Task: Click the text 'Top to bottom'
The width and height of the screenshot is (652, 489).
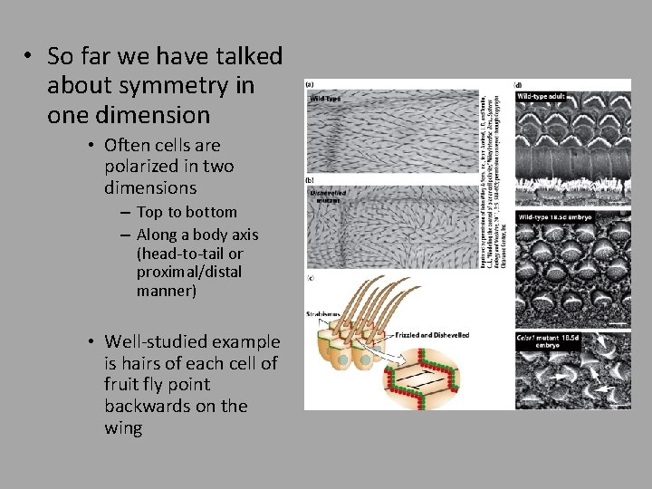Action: (187, 212)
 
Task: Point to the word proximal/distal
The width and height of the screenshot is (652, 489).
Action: (189, 273)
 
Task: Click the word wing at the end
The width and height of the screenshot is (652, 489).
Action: (123, 427)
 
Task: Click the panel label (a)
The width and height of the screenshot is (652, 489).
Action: (310, 84)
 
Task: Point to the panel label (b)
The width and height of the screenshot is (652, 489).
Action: (310, 181)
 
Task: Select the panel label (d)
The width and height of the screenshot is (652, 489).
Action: (518, 84)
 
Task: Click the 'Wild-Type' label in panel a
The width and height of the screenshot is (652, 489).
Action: (327, 98)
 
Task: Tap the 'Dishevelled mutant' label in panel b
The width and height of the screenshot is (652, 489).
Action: (328, 196)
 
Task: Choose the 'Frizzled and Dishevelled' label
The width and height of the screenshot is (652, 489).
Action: (432, 334)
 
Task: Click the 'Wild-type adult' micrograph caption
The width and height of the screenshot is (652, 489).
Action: (542, 95)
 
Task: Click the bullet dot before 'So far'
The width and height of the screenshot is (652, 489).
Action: (29, 56)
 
